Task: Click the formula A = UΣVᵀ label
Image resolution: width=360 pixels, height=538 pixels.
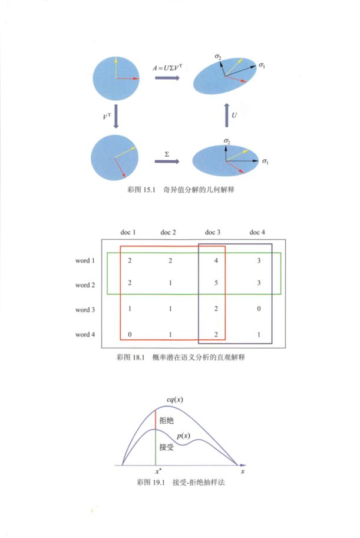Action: pyautogui.click(x=167, y=67)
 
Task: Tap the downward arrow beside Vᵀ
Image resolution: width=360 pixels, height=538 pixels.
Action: pyautogui.click(x=116, y=116)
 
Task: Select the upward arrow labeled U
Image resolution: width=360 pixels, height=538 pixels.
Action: pyautogui.click(x=226, y=115)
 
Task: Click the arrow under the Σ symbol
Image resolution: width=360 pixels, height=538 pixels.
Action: pyautogui.click(x=167, y=161)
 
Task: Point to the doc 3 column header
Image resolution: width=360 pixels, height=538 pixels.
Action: pyautogui.click(x=213, y=232)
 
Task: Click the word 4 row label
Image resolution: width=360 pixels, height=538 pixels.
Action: pyautogui.click(x=85, y=334)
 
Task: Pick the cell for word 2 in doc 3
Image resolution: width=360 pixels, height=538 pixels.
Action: pyautogui.click(x=216, y=283)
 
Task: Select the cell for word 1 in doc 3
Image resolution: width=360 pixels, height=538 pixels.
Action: pyautogui.click(x=216, y=260)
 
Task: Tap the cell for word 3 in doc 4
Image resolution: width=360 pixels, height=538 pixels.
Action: pyautogui.click(x=259, y=308)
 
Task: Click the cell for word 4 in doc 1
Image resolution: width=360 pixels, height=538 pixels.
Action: pyautogui.click(x=130, y=334)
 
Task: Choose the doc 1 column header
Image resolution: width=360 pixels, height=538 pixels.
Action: pyautogui.click(x=128, y=232)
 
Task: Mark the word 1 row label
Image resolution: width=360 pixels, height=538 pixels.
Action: pyautogui.click(x=85, y=260)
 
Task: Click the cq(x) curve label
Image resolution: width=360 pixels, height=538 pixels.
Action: pyautogui.click(x=175, y=400)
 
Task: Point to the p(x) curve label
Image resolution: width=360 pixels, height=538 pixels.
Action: pyautogui.click(x=184, y=435)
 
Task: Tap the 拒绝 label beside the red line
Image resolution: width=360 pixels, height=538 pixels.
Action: pyautogui.click(x=166, y=420)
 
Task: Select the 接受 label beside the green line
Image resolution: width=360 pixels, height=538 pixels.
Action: pyautogui.click(x=166, y=447)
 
